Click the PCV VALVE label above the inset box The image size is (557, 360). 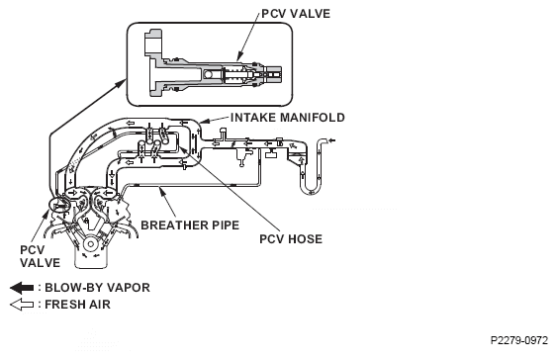click(296, 14)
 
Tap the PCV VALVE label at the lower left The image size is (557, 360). click(40, 256)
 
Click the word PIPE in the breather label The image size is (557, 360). click(224, 225)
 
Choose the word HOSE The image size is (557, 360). click(307, 239)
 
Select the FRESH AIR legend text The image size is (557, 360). click(78, 305)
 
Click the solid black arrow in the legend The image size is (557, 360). click(22, 288)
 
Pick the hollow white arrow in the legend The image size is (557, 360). click(22, 305)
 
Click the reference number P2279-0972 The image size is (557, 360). click(519, 340)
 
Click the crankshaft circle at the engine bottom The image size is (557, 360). click(91, 244)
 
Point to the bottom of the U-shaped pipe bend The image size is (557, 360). click(312, 194)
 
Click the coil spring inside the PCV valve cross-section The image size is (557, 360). click(234, 75)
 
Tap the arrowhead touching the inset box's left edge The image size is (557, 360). click(122, 83)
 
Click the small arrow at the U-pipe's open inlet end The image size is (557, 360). click(331, 141)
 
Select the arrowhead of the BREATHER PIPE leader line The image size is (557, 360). click(163, 192)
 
